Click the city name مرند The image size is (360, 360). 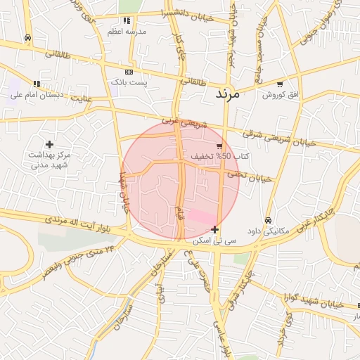point(226,93)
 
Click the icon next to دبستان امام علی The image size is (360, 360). point(36,84)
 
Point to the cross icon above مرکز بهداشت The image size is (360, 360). point(49,144)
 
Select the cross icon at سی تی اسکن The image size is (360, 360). point(214,230)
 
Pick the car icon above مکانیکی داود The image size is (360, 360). point(268,219)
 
